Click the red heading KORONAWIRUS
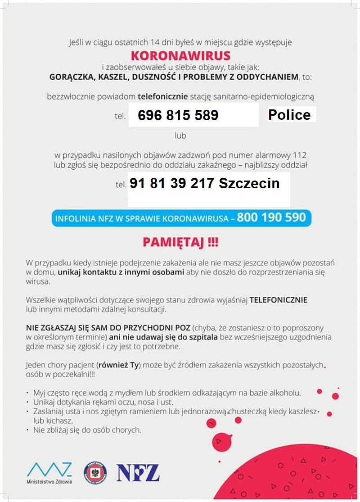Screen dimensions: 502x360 click(x=180, y=55)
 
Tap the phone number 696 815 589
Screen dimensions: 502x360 click(x=178, y=115)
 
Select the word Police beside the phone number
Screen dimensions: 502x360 click(x=289, y=115)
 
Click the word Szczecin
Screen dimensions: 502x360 click(x=249, y=183)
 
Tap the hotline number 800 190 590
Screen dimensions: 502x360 click(x=271, y=218)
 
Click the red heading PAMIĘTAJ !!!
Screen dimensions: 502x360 click(x=180, y=242)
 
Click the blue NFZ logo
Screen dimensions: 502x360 click(x=138, y=473)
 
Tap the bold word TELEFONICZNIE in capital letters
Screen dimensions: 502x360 click(x=279, y=300)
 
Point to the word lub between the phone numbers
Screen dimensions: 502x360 click(x=180, y=135)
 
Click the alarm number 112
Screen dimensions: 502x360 click(x=300, y=155)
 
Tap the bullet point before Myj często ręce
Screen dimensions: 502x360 click(x=28, y=393)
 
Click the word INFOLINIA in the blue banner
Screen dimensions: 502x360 click(x=75, y=219)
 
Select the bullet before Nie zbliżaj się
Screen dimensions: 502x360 click(x=28, y=430)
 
